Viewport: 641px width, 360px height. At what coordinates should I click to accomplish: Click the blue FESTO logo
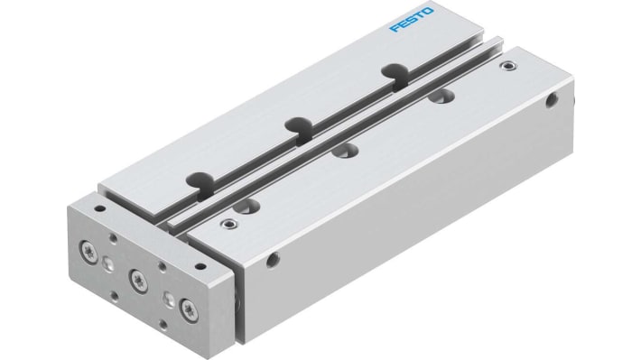[412, 19]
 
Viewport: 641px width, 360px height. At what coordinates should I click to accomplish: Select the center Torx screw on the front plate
[138, 276]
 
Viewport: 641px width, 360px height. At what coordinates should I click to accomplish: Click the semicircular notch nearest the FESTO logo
[393, 71]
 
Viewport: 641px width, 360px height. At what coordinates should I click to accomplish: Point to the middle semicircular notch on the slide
[295, 125]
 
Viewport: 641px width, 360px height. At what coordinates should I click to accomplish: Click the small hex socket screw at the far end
[509, 65]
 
